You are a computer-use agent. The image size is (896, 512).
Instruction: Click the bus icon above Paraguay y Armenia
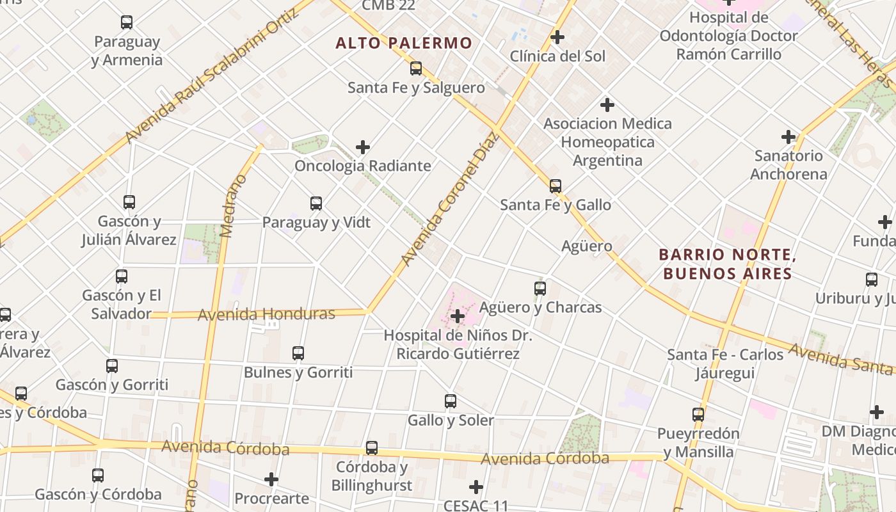127,22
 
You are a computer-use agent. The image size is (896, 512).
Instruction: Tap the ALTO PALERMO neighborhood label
404,44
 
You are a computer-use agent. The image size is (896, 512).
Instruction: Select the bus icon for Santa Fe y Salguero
416,68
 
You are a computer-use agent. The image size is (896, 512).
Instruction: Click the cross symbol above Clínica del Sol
557,37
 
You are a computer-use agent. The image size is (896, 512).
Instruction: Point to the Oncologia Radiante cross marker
363,147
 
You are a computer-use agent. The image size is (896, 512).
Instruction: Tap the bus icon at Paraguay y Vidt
316,204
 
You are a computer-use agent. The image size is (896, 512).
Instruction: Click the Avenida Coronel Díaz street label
449,198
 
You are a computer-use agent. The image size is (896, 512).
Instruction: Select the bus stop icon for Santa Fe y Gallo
556,186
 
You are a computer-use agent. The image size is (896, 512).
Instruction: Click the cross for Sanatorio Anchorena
788,137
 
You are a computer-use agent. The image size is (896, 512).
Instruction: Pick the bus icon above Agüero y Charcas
540,289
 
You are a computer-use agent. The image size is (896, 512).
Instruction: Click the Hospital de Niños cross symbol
458,316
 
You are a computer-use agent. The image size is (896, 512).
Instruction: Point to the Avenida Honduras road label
266,314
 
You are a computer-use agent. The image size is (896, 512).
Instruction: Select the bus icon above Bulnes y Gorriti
298,353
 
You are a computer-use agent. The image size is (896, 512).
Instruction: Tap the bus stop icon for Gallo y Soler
451,401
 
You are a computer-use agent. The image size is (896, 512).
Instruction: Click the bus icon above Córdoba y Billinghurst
372,448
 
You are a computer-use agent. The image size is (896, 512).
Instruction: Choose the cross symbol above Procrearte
271,479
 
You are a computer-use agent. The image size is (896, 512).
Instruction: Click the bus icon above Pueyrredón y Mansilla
698,415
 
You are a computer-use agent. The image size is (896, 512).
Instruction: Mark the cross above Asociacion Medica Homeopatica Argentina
607,104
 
